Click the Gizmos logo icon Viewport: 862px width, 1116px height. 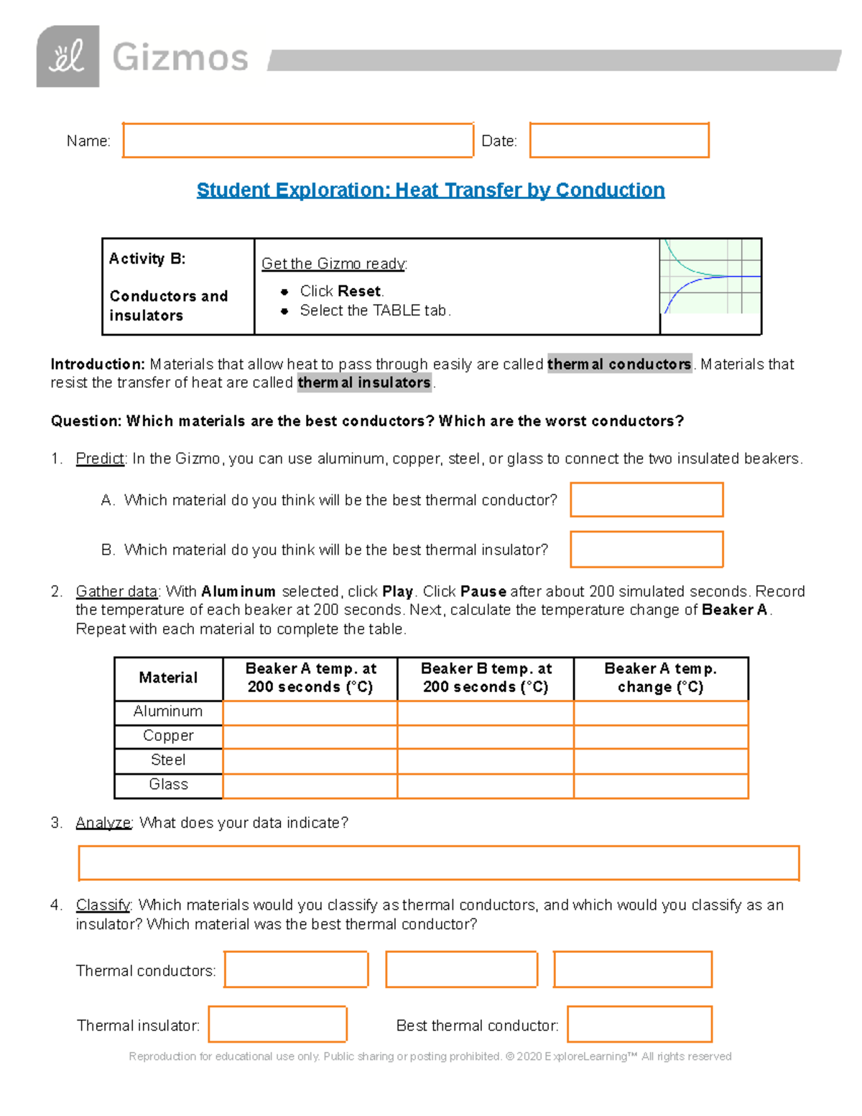68,56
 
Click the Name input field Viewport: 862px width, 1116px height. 298,140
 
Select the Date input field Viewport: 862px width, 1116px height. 619,140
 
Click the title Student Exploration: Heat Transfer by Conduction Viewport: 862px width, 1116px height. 430,190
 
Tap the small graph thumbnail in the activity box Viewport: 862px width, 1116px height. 710,277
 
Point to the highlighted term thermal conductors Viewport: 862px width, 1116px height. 619,364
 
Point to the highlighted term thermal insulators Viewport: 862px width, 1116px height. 364,383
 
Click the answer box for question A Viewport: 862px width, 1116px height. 646,499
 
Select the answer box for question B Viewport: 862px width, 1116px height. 646,549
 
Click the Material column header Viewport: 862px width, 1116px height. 168,678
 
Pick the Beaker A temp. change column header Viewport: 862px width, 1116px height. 660,678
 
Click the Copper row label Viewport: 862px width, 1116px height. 168,736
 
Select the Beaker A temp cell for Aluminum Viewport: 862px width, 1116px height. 310,712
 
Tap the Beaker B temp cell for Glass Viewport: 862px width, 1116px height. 485,785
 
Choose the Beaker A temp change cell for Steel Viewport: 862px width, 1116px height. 660,761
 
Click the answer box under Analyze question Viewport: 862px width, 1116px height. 438,863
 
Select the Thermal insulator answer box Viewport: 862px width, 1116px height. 277,1024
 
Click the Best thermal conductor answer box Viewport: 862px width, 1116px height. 639,1024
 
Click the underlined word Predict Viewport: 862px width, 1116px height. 100,458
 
